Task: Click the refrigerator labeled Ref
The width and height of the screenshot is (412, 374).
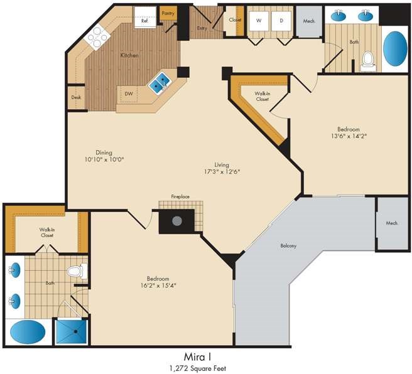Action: tap(145, 16)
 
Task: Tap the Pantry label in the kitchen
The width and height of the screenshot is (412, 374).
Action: tap(168, 13)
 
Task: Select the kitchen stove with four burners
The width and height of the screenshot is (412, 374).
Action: tap(97, 37)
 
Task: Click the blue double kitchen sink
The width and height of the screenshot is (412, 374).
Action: tap(160, 82)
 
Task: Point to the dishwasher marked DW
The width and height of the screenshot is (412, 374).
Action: tap(129, 93)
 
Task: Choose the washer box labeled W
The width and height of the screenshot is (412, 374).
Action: tap(259, 21)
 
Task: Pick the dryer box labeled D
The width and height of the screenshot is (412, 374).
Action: tap(281, 21)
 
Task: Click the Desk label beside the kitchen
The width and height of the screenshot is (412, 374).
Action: tap(76, 97)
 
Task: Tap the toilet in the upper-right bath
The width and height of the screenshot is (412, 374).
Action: tap(368, 61)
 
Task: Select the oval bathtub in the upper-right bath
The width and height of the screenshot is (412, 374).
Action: tap(395, 49)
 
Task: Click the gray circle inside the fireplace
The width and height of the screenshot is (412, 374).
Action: tap(177, 221)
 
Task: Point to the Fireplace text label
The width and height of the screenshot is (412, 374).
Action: tap(180, 196)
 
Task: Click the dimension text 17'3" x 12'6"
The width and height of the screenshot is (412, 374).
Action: tap(222, 172)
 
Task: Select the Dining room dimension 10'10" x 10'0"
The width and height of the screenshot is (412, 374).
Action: tap(104, 159)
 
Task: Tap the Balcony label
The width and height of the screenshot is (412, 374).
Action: tap(288, 246)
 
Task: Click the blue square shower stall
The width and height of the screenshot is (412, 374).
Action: tap(72, 331)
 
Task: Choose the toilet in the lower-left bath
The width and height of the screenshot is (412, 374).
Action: tap(77, 271)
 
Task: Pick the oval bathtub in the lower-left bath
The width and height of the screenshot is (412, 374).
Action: tap(28, 332)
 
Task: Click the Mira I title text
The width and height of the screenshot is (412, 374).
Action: tap(198, 357)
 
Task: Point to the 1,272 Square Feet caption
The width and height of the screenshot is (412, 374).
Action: tap(198, 368)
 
